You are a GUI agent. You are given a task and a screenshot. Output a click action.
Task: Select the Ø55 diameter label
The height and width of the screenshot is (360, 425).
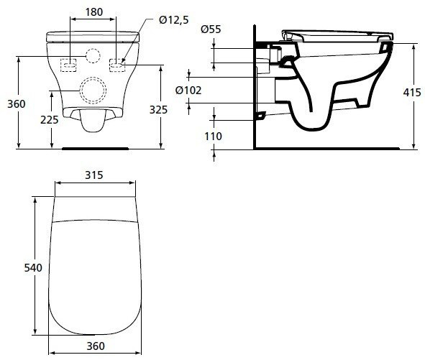[x=210, y=29]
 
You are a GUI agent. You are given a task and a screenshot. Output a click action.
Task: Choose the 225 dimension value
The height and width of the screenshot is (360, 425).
[x=50, y=119]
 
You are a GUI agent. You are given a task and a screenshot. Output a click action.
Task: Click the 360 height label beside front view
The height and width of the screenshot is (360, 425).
[x=16, y=104]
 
